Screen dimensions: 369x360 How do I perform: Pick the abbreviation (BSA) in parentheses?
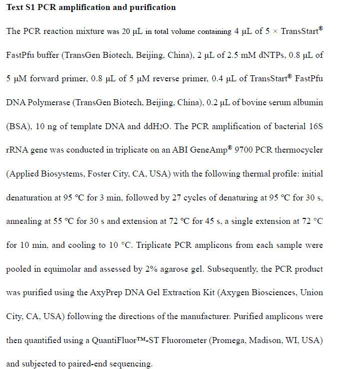(x=18, y=126)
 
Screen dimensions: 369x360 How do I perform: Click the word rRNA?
(x=17, y=150)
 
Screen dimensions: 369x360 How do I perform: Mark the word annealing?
(x=24, y=221)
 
